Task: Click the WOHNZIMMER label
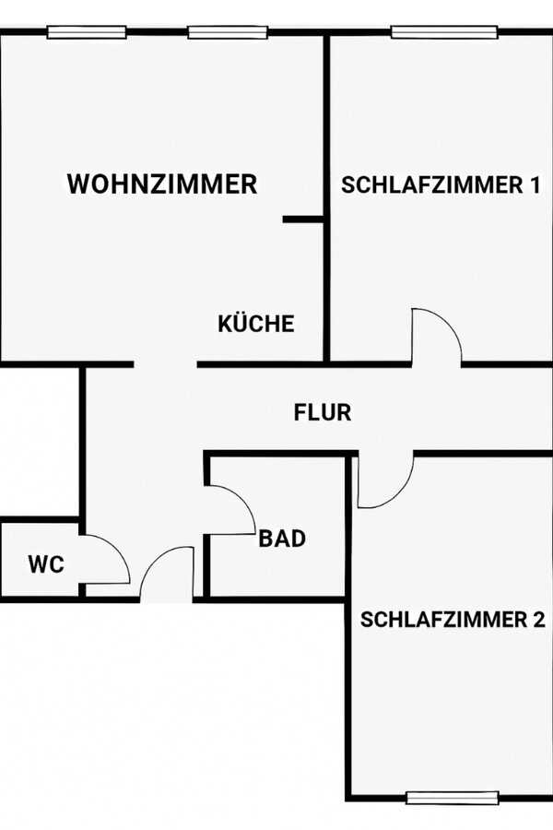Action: click(162, 184)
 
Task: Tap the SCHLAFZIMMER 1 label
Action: click(441, 184)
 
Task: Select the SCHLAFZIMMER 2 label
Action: click(453, 619)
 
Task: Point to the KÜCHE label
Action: click(256, 324)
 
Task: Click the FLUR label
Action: click(323, 412)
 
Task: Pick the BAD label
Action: click(282, 539)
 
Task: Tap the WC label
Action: click(46, 564)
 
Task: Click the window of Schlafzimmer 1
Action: click(444, 32)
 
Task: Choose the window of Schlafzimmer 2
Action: click(453, 798)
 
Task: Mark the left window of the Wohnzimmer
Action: click(87, 32)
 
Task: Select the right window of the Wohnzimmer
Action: click(228, 32)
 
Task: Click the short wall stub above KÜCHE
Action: click(303, 219)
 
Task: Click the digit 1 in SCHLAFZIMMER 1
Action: click(535, 184)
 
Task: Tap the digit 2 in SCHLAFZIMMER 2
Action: click(537, 619)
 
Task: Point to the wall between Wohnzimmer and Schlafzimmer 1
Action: click(327, 198)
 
